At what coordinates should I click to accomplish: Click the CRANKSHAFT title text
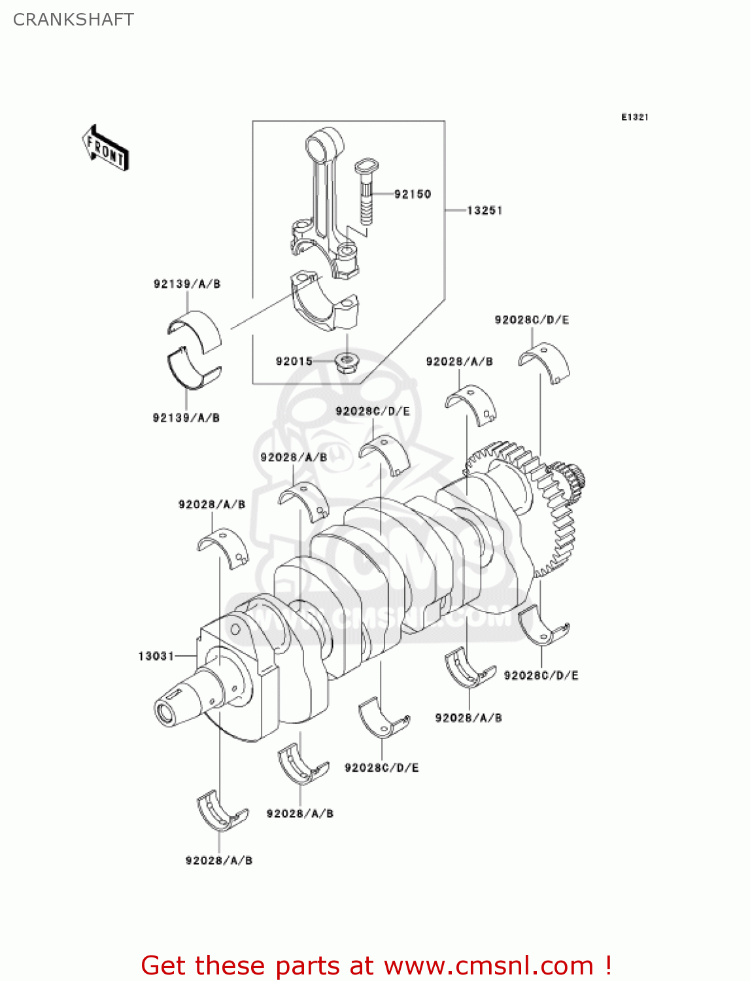pyautogui.click(x=73, y=20)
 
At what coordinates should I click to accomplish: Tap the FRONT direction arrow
pyautogui.click(x=105, y=148)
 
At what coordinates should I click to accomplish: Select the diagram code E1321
pyautogui.click(x=634, y=117)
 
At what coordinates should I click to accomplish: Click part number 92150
pyautogui.click(x=413, y=194)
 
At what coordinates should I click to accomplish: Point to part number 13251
pyautogui.click(x=485, y=211)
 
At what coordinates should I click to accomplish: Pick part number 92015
pyautogui.click(x=294, y=361)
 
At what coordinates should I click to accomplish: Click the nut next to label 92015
pyautogui.click(x=345, y=362)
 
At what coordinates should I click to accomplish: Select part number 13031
pyautogui.click(x=156, y=656)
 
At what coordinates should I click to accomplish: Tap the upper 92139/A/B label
pyautogui.click(x=187, y=284)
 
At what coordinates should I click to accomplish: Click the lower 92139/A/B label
pyautogui.click(x=186, y=418)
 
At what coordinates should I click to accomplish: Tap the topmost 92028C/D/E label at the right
pyautogui.click(x=532, y=320)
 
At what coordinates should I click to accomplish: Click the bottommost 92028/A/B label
pyautogui.click(x=219, y=861)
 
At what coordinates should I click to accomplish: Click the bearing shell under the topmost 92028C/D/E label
pyautogui.click(x=543, y=362)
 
